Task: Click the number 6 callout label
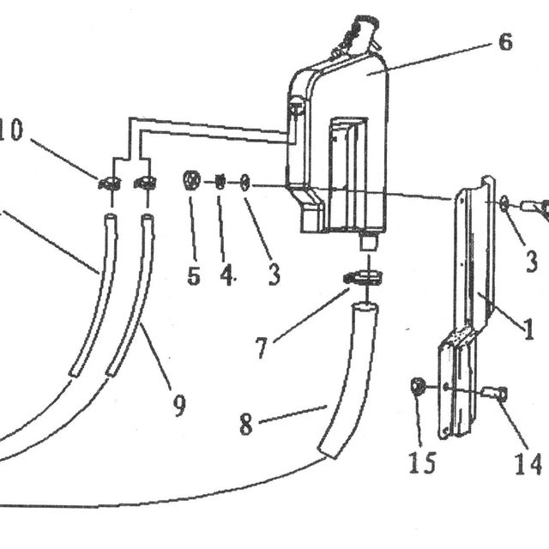[505, 42]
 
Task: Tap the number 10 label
[11, 130]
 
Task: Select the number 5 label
[194, 275]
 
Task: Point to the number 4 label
[226, 274]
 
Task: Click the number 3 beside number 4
[274, 274]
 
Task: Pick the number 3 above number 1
[532, 261]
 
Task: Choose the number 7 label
[262, 348]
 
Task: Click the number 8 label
[246, 425]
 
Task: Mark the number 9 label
[179, 406]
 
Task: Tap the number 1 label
[528, 329]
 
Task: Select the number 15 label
[423, 462]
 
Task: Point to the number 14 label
[528, 464]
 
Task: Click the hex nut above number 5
[191, 180]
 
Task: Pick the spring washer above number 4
[220, 182]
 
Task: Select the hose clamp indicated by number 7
[362, 277]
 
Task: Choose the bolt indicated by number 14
[494, 393]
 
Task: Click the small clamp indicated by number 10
[110, 183]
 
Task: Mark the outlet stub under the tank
[368, 241]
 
